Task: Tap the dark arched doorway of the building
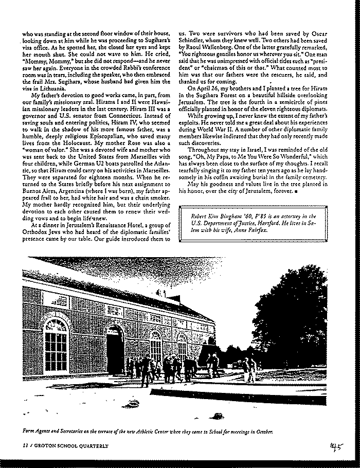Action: (x=115, y=350)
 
